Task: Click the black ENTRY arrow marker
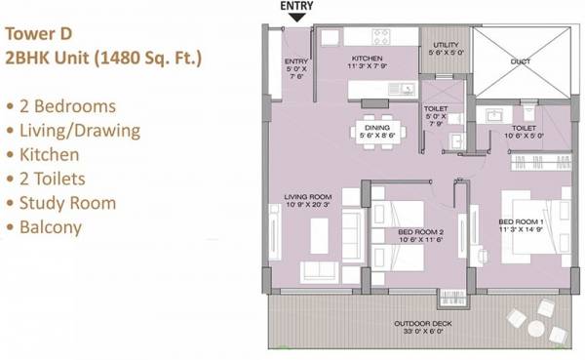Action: [x=295, y=16]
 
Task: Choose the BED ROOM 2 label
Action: [x=419, y=231]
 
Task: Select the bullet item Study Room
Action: [x=67, y=203]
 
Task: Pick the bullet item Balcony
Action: [x=56, y=227]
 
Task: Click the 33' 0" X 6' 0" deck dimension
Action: [x=419, y=333]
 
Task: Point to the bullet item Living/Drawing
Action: [x=78, y=130]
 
